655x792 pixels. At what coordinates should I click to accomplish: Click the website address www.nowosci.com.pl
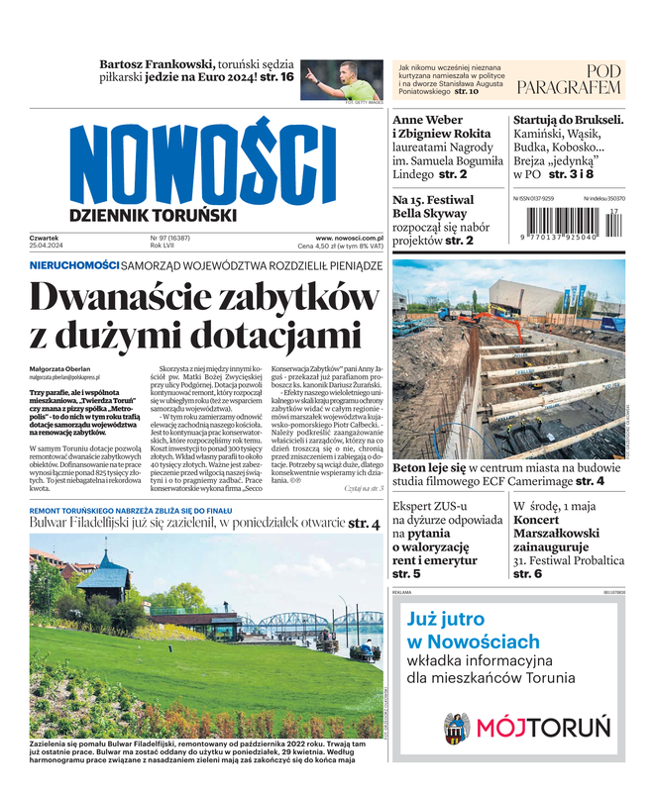349,238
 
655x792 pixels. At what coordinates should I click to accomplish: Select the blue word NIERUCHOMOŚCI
74,265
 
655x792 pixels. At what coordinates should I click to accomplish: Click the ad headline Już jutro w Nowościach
473,630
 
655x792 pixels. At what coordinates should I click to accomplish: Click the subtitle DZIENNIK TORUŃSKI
153,214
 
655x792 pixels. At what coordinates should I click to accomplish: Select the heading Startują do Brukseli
568,120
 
